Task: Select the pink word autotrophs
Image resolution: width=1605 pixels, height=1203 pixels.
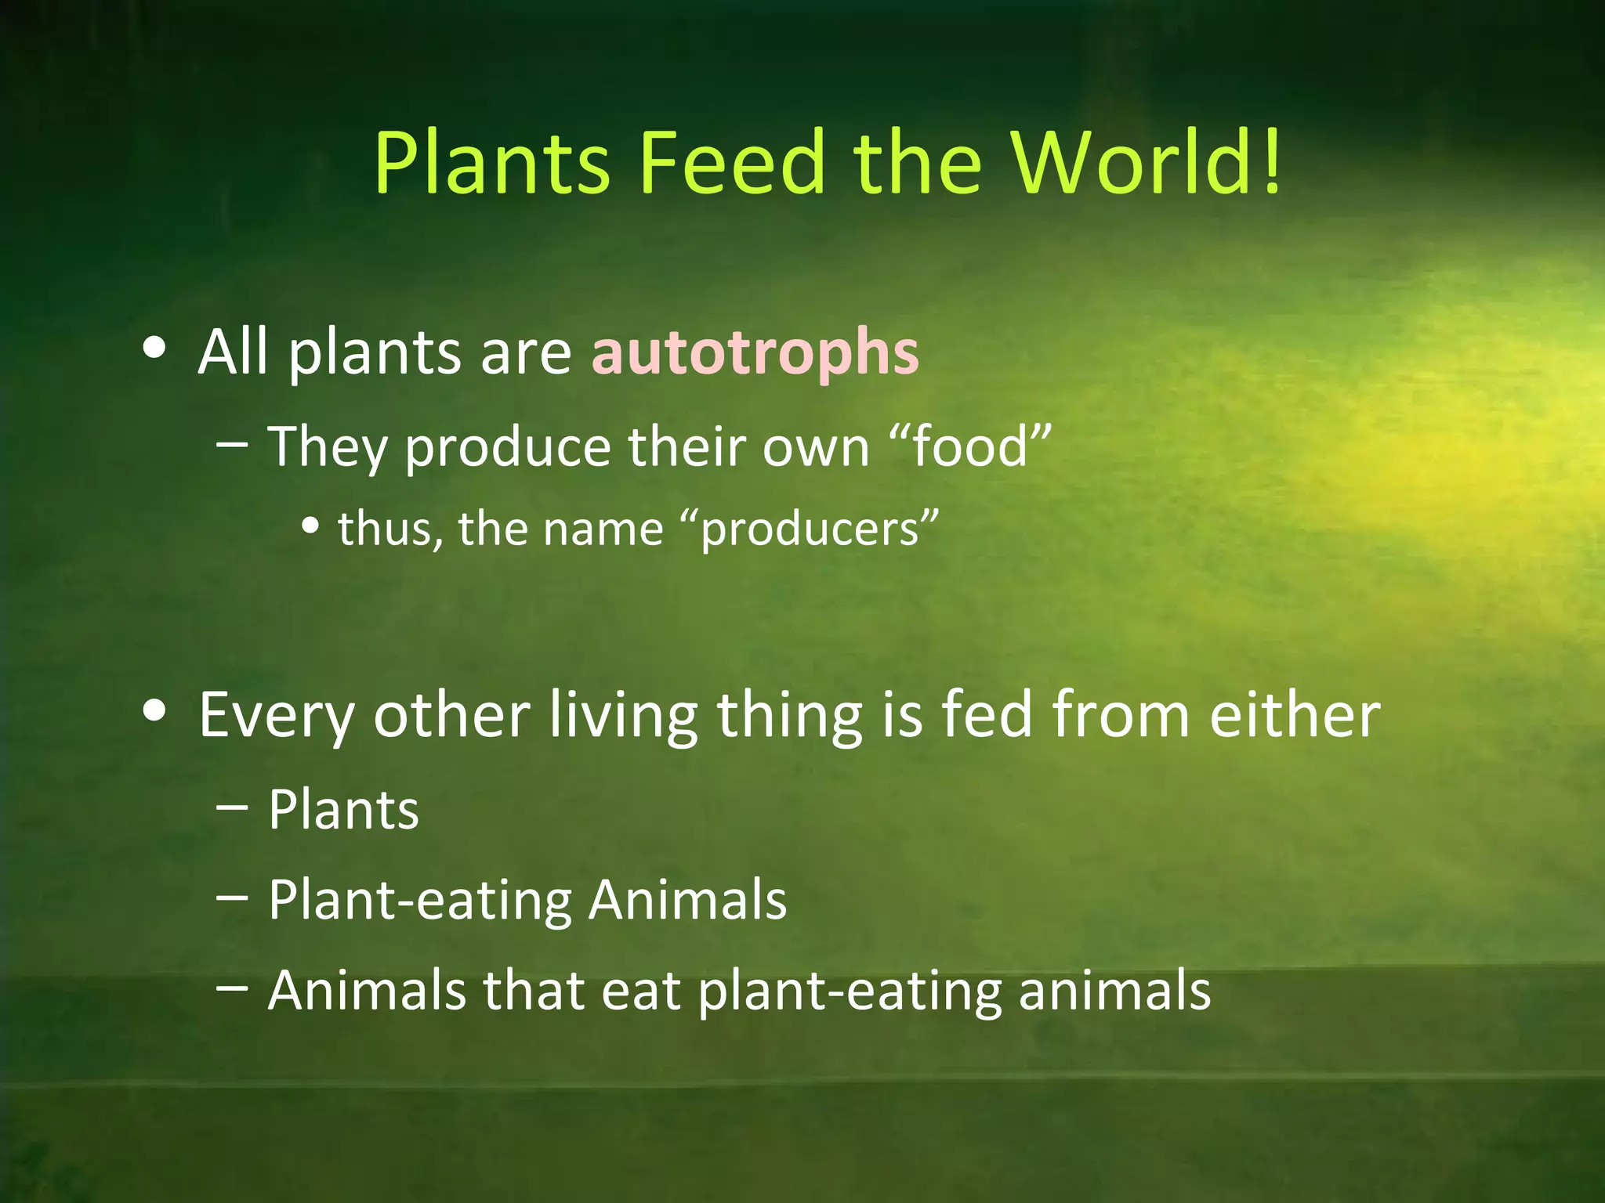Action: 755,352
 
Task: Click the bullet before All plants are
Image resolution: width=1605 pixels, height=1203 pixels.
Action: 154,349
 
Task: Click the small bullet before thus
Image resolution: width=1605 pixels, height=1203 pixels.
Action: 311,527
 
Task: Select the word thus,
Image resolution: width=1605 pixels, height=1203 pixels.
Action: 390,529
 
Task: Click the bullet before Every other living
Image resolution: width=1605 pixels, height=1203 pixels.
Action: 154,710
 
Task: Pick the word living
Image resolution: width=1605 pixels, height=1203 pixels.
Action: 623,715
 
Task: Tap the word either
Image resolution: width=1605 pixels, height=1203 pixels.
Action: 1294,715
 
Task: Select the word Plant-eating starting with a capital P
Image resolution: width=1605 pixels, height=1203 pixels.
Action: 421,901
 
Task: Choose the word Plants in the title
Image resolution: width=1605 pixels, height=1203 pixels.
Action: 491,162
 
